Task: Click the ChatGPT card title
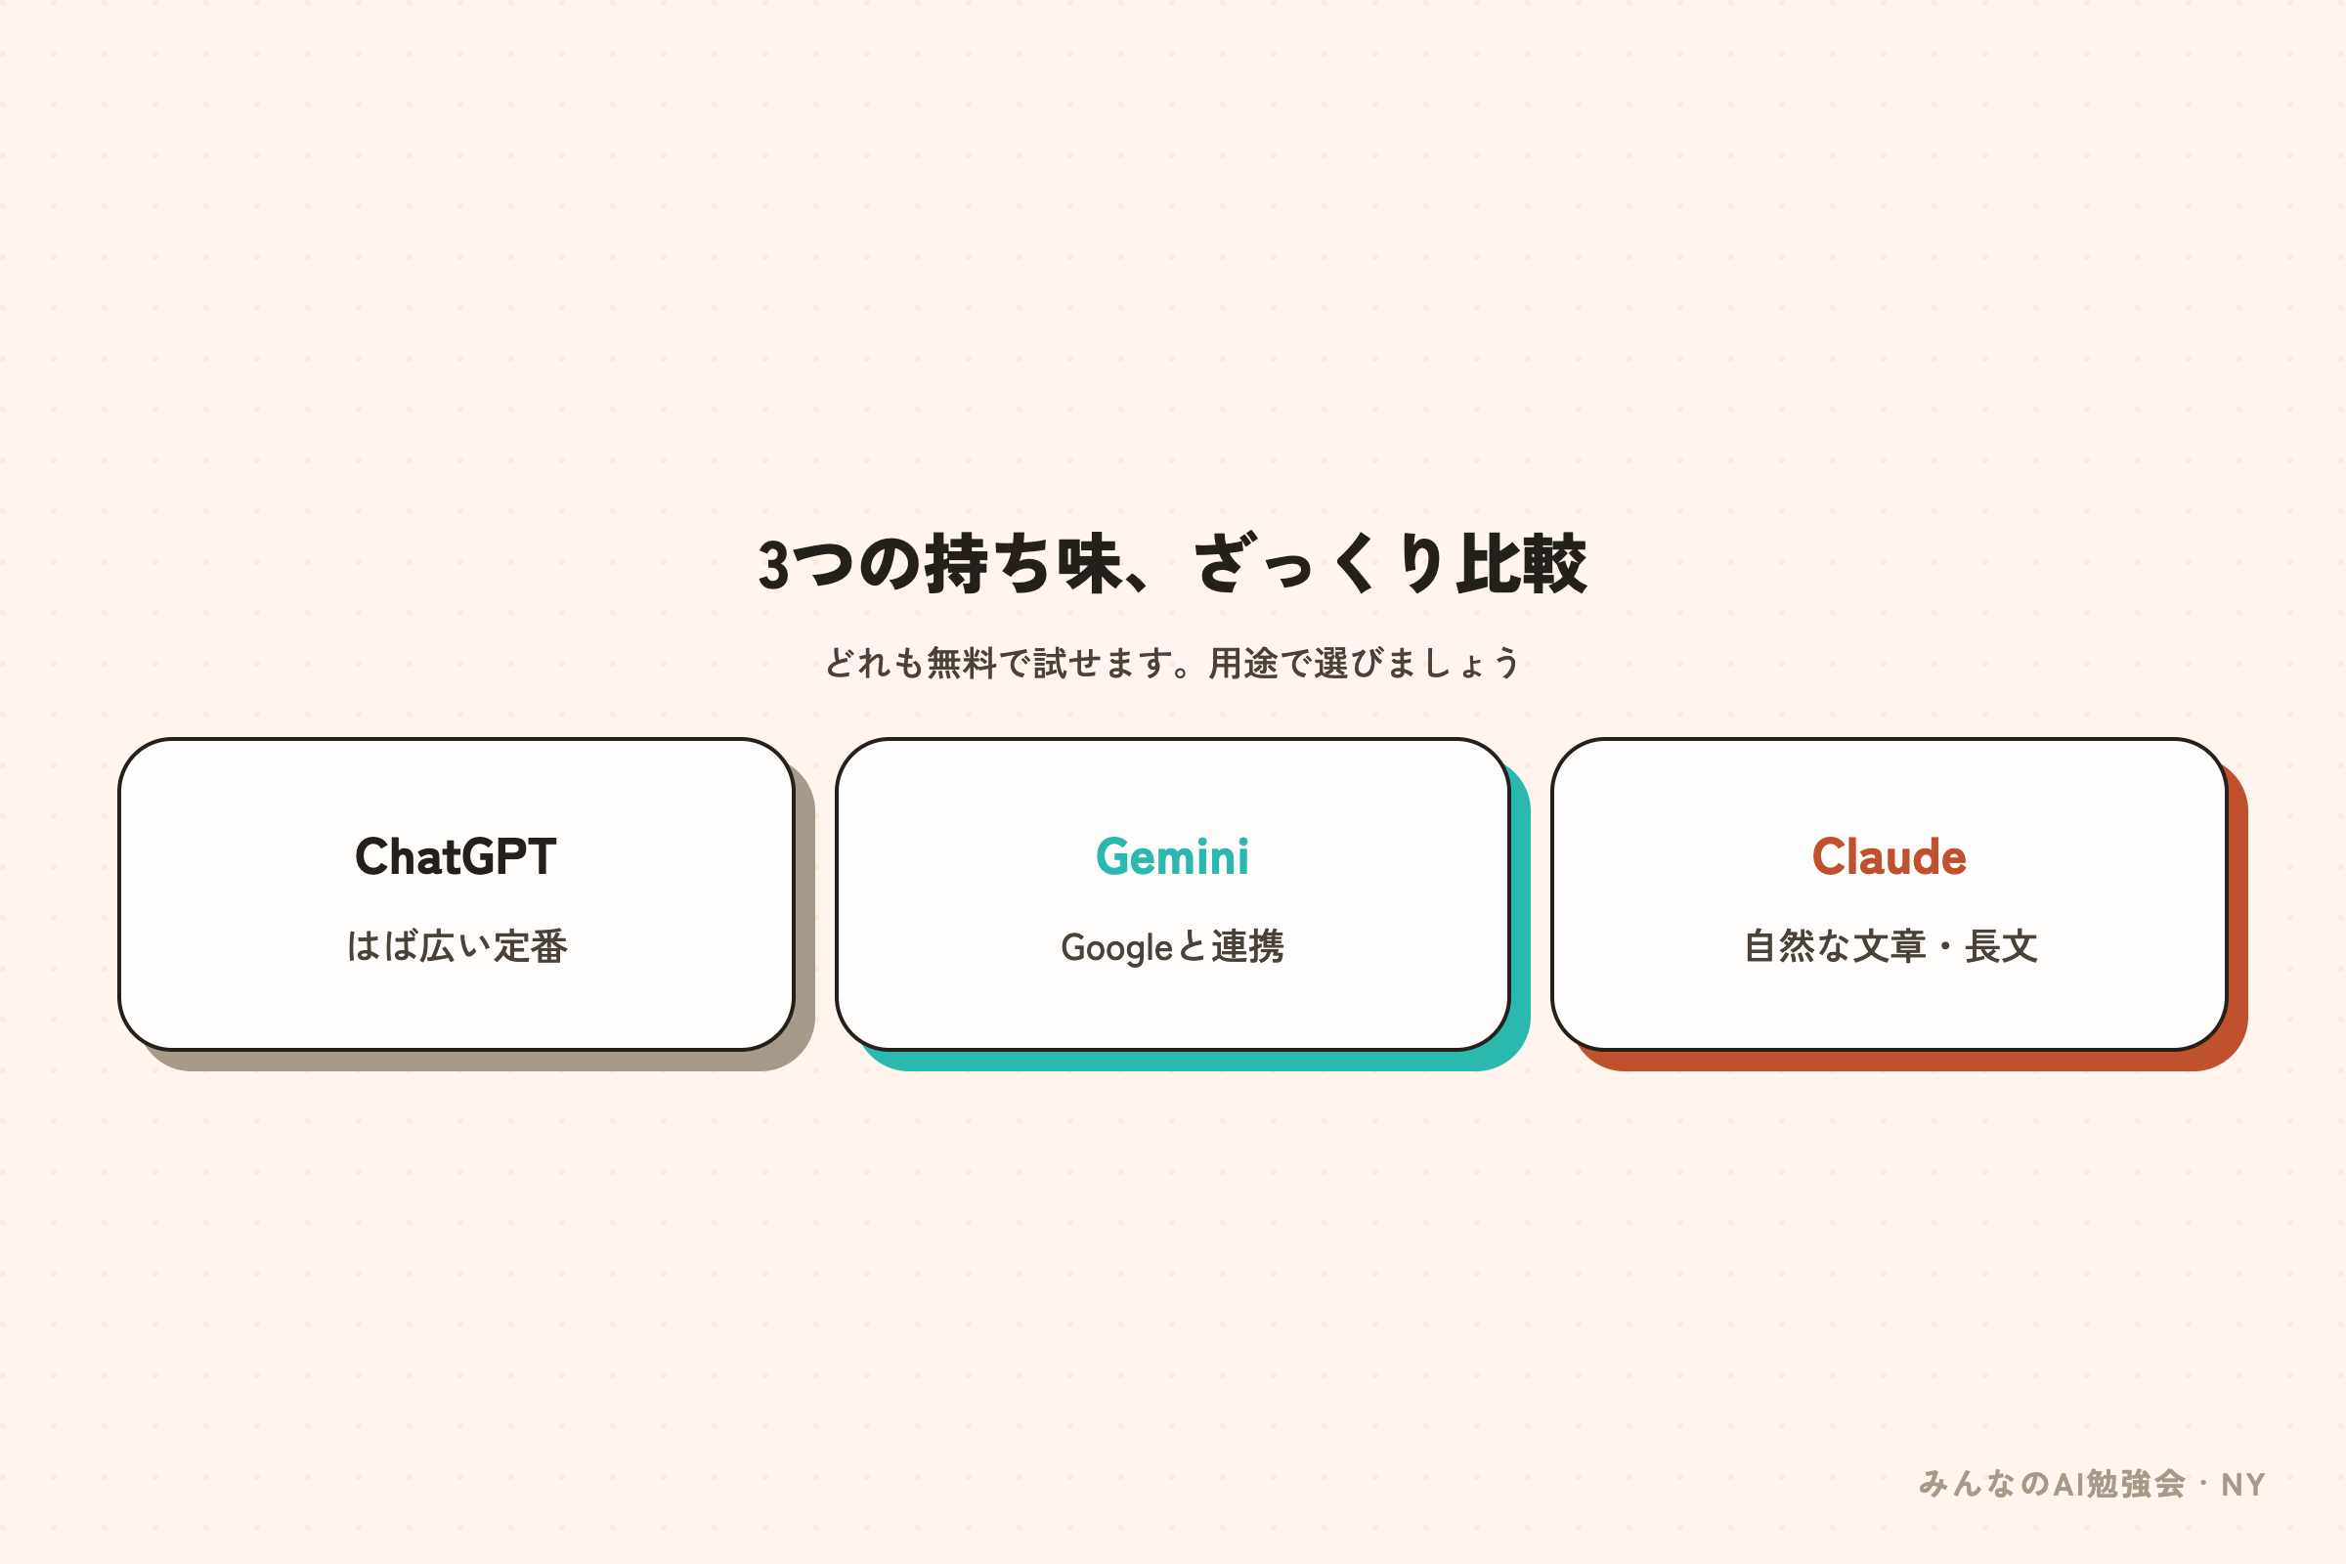456,857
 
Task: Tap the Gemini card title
1172,857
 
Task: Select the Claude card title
1890,857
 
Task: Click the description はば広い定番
456,945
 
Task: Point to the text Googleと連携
1172,946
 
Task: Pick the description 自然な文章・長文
1890,945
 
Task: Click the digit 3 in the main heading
773,565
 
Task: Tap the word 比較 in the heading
1521,564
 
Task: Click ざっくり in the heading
1317,564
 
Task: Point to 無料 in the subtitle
962,664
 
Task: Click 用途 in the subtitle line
1242,664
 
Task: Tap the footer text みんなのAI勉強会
2052,1484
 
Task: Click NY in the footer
2243,1485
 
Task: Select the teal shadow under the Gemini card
1196,1062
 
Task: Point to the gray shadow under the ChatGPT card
480,1062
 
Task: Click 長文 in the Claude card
2001,945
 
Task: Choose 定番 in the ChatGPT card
531,945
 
